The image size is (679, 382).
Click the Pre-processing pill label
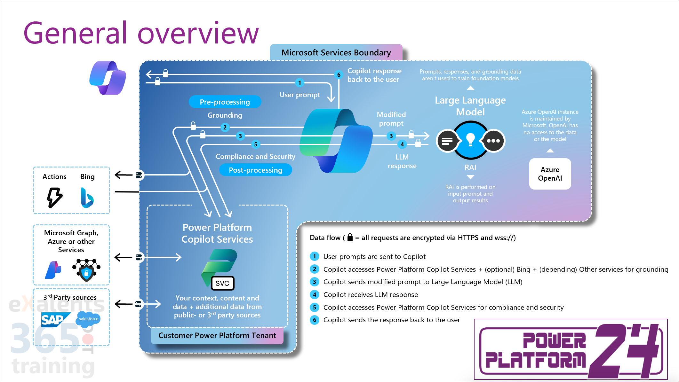pos(225,102)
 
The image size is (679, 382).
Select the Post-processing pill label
pos(255,170)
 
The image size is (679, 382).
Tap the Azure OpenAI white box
pos(550,174)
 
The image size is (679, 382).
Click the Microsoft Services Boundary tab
pos(336,52)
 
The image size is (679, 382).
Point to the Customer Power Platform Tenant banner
pos(217,335)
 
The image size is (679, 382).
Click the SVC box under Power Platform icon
pos(222,283)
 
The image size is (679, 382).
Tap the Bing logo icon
pos(87,198)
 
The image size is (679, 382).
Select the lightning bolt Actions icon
pos(54,198)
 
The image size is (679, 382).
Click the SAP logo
pos(55,320)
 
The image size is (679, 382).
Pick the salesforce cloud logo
pos(88,319)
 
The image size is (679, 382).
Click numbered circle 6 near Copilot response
pos(339,75)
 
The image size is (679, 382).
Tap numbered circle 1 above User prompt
pos(300,83)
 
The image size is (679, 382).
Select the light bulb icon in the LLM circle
pos(470,139)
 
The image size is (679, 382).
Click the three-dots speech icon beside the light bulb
pos(493,141)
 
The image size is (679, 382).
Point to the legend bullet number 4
pos(315,294)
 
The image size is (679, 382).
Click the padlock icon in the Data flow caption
pos(350,237)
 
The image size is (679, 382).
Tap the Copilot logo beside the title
pos(108,78)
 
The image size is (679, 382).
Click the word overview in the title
pos(198,33)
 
